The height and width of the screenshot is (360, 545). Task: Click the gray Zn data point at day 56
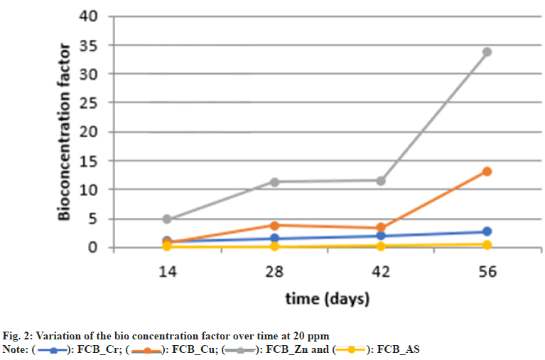[x=487, y=52]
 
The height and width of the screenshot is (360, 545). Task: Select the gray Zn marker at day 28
[x=274, y=182]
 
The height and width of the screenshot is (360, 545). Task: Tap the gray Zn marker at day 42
[x=380, y=180]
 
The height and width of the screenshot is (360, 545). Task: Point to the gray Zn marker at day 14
[x=167, y=219]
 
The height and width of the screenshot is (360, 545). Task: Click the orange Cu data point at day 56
[x=487, y=171]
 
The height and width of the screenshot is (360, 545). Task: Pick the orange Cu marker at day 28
[x=274, y=225]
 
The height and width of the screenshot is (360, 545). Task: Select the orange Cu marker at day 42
[x=380, y=228]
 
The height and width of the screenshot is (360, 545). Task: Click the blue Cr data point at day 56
[x=487, y=231]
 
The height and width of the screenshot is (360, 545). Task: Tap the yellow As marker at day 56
[x=487, y=245]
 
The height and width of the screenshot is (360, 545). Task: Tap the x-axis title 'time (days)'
[x=327, y=299]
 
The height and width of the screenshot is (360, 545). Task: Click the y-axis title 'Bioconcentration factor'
[x=65, y=132]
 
